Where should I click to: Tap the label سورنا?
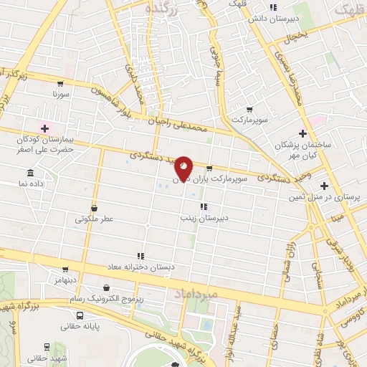click(60, 94)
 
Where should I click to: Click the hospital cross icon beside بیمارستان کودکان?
click(44, 128)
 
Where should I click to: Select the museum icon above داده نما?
click(30, 173)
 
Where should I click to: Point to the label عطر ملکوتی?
click(90, 219)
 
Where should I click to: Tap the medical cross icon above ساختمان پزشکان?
click(303, 133)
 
